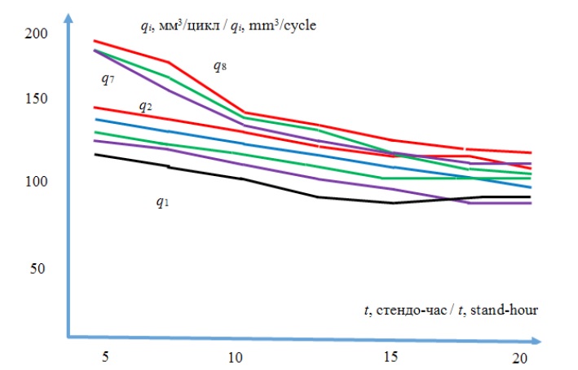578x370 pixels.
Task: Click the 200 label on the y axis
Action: coord(37,34)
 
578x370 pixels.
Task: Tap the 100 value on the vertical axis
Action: coord(37,181)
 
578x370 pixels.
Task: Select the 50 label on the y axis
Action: coord(37,269)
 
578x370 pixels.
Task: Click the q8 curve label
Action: coord(219,66)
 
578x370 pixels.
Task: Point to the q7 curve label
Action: coord(105,78)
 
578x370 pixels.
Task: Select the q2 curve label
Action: coord(144,106)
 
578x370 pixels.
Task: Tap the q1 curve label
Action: coord(163,201)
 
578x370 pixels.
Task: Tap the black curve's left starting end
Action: coord(95,154)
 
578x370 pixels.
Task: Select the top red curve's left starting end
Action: coord(95,41)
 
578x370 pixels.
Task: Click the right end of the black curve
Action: coord(531,197)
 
